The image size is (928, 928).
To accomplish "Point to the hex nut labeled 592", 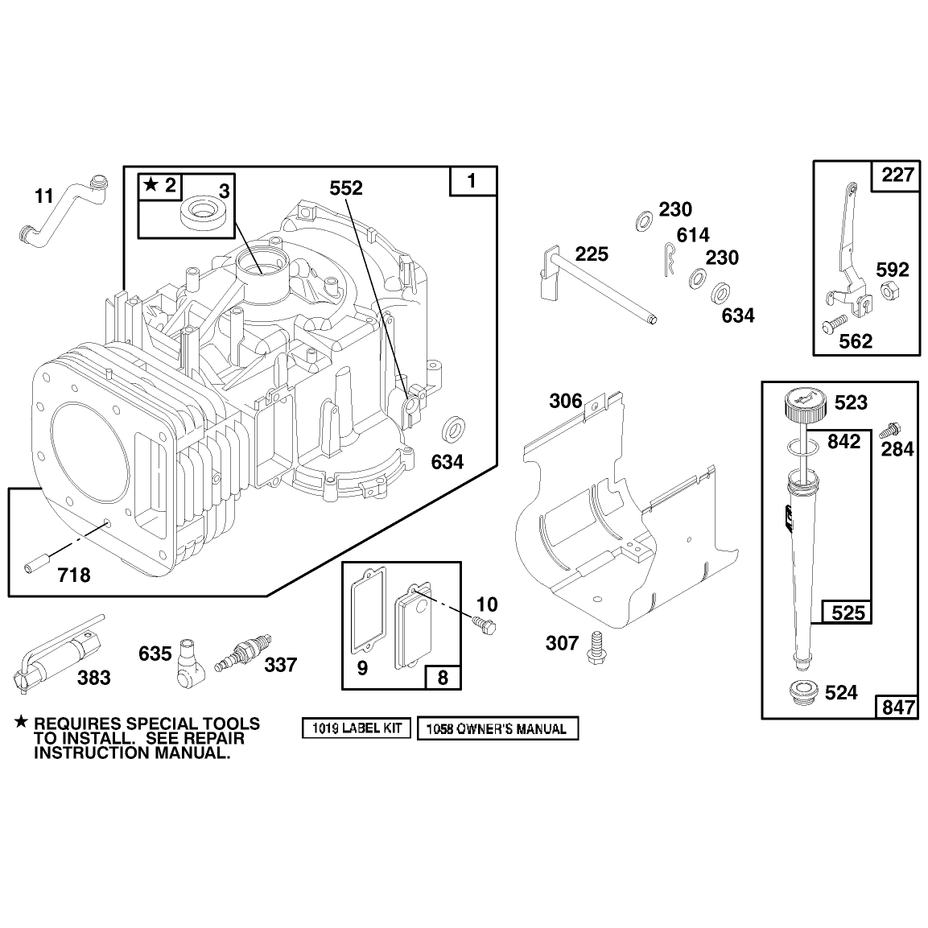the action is [x=890, y=291].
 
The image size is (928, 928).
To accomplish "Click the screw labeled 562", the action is [x=834, y=324].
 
